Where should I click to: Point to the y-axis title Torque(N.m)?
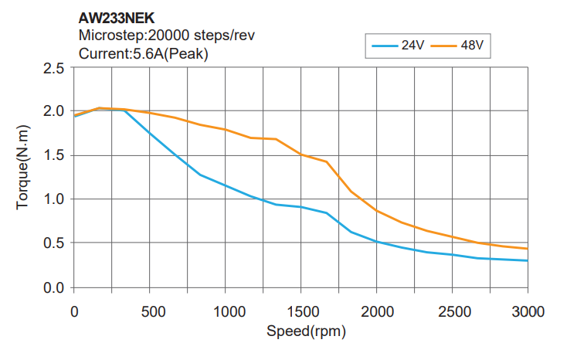click(x=23, y=177)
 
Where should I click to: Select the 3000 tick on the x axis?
click(x=528, y=312)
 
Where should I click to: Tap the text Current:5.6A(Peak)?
click(x=144, y=53)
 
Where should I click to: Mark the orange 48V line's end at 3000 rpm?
click(x=528, y=249)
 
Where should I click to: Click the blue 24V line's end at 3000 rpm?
click(x=528, y=260)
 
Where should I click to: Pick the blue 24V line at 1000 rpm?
click(x=225, y=185)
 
